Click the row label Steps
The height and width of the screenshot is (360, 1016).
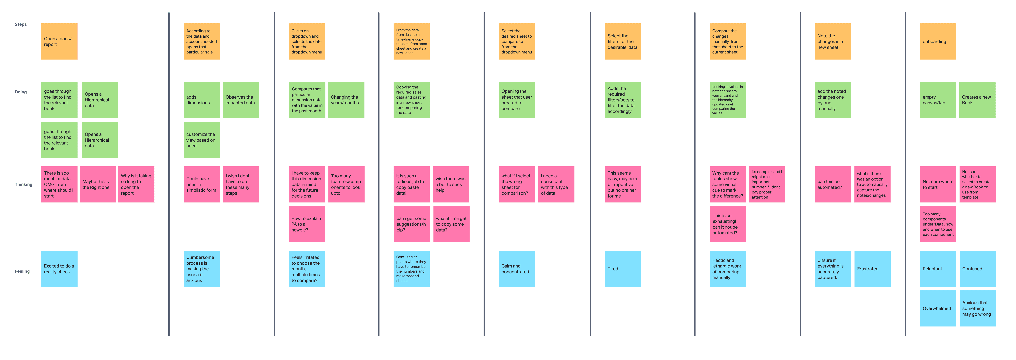(x=21, y=24)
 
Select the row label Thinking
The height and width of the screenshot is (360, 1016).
(x=23, y=185)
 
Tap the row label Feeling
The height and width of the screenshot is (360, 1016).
(x=22, y=271)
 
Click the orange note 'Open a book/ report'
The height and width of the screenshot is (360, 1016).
(x=59, y=41)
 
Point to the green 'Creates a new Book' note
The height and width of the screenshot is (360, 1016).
(x=977, y=100)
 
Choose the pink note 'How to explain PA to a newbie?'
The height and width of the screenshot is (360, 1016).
(x=307, y=224)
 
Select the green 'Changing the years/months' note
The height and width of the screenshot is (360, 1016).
(x=346, y=100)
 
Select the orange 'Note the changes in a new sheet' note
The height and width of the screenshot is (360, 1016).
(x=833, y=41)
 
